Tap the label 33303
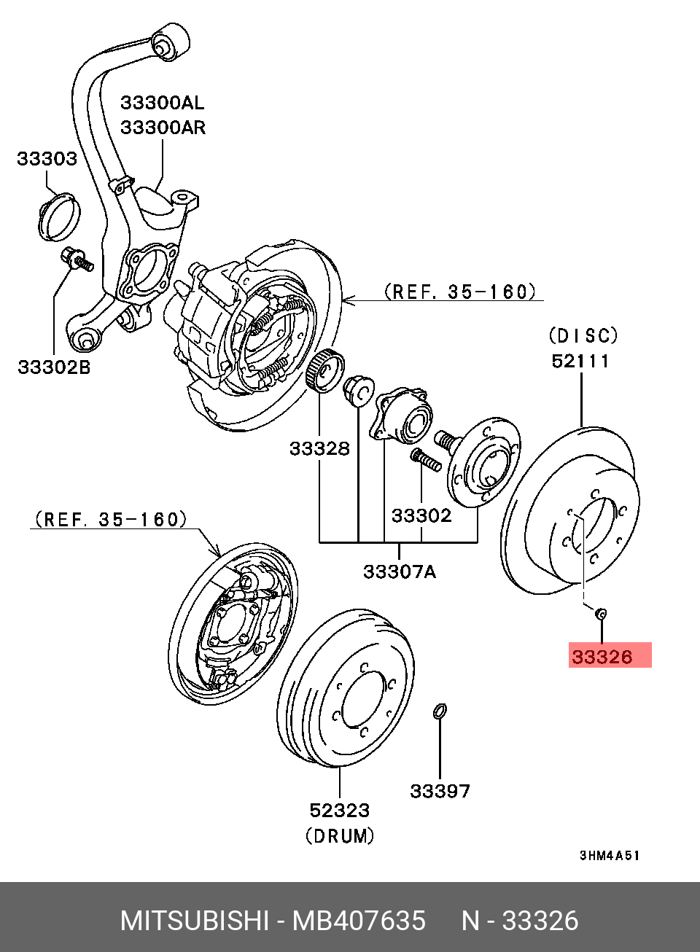click(47, 159)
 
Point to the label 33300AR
click(163, 128)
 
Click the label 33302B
click(54, 367)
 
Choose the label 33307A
click(400, 571)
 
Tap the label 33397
click(440, 791)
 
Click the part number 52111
click(581, 361)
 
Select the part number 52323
click(340, 809)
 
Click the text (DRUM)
click(340, 835)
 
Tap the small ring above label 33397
click(440, 711)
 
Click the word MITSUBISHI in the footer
click(193, 921)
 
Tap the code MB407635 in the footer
click(359, 921)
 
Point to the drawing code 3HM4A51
click(609, 856)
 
